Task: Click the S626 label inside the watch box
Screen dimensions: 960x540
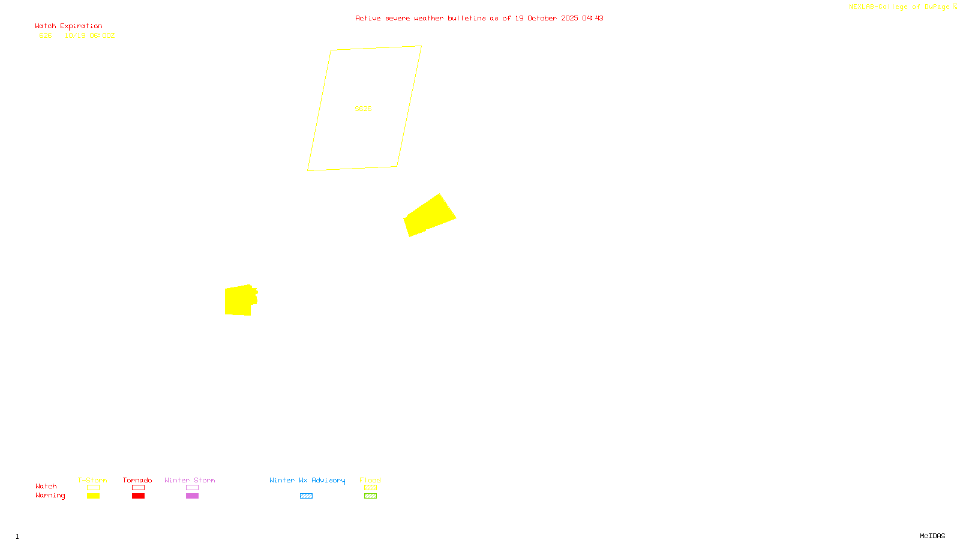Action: point(363,109)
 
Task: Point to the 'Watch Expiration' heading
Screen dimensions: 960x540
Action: point(68,26)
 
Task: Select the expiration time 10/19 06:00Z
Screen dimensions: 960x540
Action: point(89,36)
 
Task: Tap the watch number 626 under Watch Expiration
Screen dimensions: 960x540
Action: point(46,36)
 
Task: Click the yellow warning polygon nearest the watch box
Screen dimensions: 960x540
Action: point(429,216)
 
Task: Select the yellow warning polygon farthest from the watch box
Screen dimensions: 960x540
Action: point(239,300)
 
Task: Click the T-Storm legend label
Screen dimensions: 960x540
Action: point(92,480)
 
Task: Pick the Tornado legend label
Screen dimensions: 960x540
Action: point(137,480)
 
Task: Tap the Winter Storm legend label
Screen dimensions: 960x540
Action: point(190,480)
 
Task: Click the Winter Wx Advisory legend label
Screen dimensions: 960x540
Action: point(307,480)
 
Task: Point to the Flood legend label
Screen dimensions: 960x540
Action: point(370,480)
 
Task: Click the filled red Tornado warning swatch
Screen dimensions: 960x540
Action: point(138,496)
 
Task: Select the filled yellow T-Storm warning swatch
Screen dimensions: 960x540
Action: point(93,496)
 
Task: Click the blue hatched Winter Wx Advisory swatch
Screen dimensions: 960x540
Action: point(306,496)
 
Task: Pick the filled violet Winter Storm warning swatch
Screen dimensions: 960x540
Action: point(192,496)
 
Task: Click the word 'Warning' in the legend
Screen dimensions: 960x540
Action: point(50,496)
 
